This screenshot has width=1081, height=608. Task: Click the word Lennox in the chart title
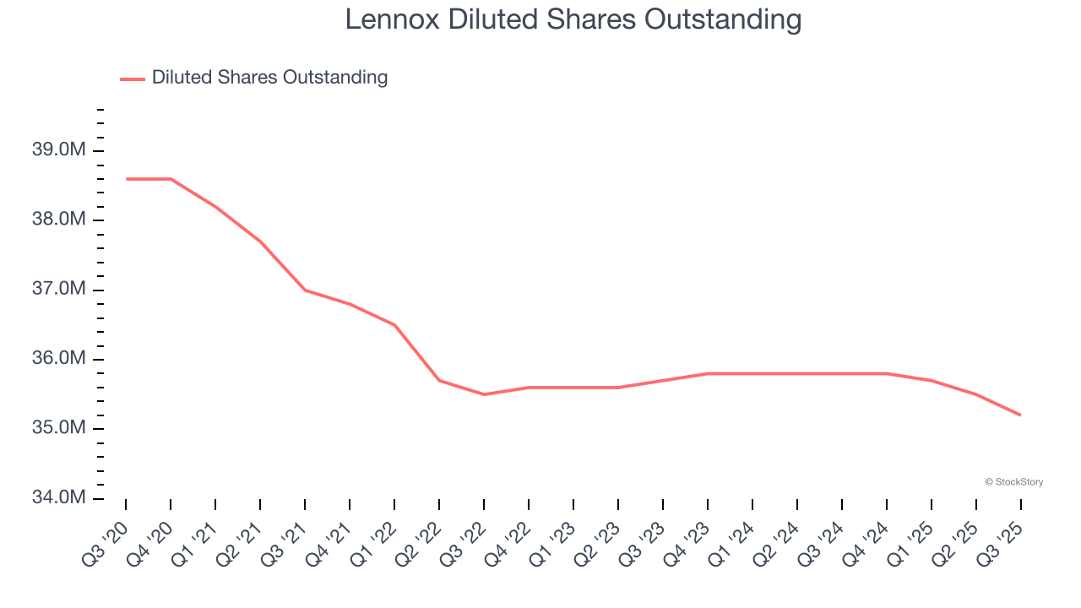click(x=393, y=19)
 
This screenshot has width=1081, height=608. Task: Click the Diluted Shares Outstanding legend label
click(x=269, y=78)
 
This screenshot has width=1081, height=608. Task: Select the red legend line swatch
click(x=133, y=79)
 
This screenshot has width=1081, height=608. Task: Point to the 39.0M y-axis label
click(x=58, y=150)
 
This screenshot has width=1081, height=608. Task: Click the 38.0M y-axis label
click(x=58, y=220)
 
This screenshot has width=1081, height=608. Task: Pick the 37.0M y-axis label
click(x=58, y=290)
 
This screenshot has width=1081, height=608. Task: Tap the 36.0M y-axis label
click(x=58, y=359)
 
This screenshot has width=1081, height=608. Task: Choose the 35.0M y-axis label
click(x=58, y=428)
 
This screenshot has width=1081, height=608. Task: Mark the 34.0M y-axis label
click(x=58, y=497)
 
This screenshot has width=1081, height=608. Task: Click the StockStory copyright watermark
click(x=1013, y=482)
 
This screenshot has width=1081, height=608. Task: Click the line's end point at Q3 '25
click(x=1020, y=415)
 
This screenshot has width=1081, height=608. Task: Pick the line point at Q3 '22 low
click(x=484, y=394)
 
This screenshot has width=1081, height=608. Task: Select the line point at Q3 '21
click(x=305, y=290)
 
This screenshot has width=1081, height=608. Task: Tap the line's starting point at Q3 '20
click(x=126, y=179)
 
